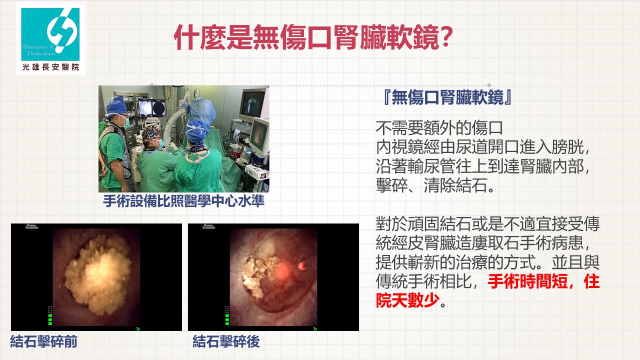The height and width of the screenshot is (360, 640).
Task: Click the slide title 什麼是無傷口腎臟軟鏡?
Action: click(313, 37)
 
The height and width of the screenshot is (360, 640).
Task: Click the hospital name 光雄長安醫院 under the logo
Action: click(50, 67)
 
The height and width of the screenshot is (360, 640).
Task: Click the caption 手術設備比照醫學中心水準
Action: click(183, 201)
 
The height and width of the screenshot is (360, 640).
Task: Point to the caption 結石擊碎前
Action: click(43, 341)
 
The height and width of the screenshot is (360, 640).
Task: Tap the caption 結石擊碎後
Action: click(226, 341)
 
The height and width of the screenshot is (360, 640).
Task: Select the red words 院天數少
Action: click(407, 300)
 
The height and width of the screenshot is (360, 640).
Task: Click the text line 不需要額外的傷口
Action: click(439, 128)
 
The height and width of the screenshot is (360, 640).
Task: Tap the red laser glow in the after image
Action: click(283, 270)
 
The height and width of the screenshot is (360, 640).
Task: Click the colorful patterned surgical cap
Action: click(151, 133)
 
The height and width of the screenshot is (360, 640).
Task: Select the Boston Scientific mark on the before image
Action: click(32, 226)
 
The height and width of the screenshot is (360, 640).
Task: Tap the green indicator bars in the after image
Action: click(227, 315)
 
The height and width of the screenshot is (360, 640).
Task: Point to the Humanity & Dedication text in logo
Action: click(39, 50)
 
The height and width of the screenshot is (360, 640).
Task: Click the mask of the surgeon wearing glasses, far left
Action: click(126, 122)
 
